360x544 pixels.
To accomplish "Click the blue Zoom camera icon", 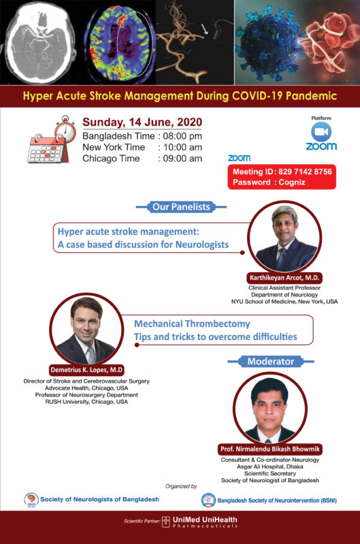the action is (321, 132).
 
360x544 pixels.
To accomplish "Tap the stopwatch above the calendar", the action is (65, 131).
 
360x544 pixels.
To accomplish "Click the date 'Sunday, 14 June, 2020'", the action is (142, 122).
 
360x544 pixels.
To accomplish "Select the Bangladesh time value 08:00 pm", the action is (182, 136).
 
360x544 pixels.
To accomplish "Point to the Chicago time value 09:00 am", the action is (182, 158).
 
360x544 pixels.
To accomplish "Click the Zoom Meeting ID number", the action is (305, 171).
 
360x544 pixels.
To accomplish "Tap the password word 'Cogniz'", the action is (292, 182).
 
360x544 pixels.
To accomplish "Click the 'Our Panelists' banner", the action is (181, 207).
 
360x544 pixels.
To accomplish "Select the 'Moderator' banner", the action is (270, 362).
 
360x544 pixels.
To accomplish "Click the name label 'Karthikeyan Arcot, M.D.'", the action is (284, 278).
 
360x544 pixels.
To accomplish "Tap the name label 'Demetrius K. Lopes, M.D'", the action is (86, 370).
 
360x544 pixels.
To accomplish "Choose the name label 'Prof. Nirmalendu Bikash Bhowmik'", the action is (269, 449).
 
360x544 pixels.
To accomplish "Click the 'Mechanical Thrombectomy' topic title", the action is (192, 324).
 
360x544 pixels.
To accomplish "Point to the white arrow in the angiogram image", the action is (205, 29).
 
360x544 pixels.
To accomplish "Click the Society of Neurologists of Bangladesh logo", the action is (31, 500).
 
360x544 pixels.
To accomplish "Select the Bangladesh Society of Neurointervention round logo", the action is (208, 500).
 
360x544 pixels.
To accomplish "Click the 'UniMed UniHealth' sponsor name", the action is (205, 520).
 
